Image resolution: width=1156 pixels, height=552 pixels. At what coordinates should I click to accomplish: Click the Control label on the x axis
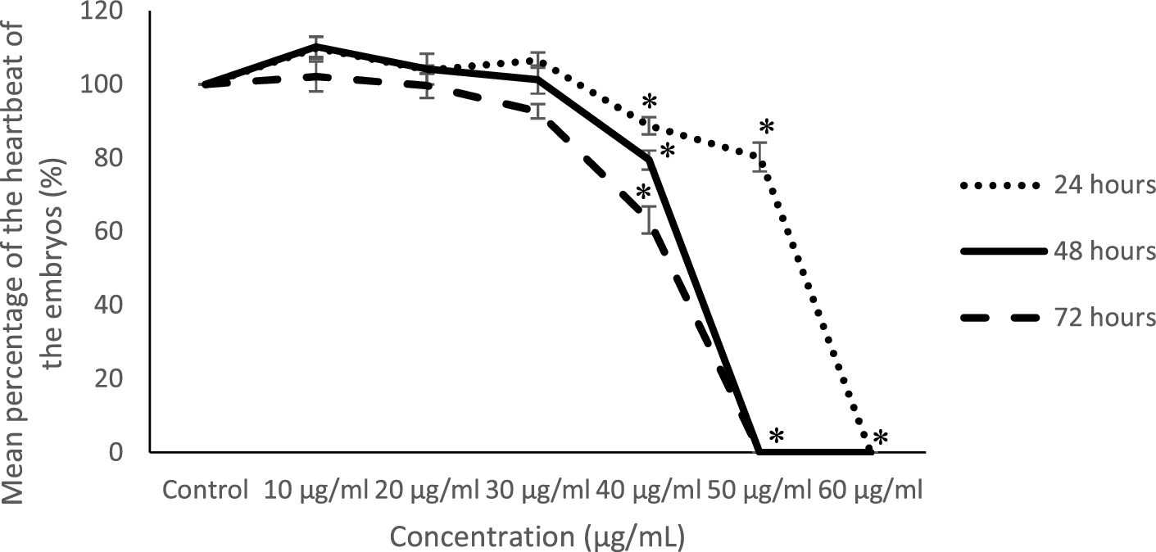205,491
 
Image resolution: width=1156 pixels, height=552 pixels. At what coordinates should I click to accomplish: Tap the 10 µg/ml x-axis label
316,491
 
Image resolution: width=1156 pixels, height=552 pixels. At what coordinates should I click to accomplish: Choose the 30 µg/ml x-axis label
537,491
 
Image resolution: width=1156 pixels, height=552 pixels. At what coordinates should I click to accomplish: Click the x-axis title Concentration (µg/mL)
537,537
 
